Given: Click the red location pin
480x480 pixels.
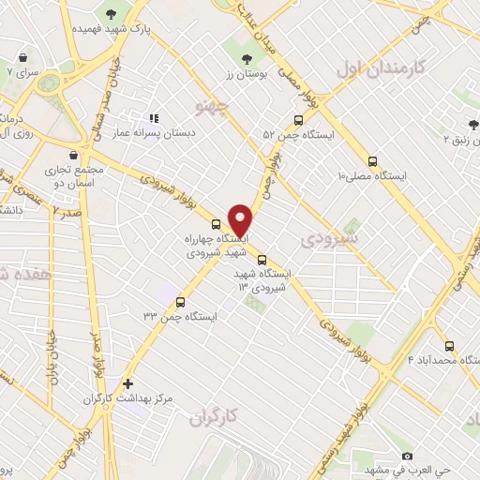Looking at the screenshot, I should click(x=241, y=219).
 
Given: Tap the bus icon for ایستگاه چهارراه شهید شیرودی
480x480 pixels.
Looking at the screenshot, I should click(x=217, y=224).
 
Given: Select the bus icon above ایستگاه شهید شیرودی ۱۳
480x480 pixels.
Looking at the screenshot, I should click(x=262, y=261).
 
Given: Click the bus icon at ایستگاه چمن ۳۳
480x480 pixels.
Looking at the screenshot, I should click(x=181, y=301).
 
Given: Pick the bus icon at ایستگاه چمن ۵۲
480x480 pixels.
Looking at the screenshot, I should click(x=298, y=120).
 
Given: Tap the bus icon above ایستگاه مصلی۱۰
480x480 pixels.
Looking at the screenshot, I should click(x=373, y=161).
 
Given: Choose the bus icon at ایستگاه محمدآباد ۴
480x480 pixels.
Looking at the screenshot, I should click(x=449, y=345).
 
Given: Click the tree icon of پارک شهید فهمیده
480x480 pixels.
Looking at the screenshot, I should click(x=112, y=13).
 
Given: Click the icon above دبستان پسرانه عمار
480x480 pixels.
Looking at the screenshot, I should click(x=155, y=118).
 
